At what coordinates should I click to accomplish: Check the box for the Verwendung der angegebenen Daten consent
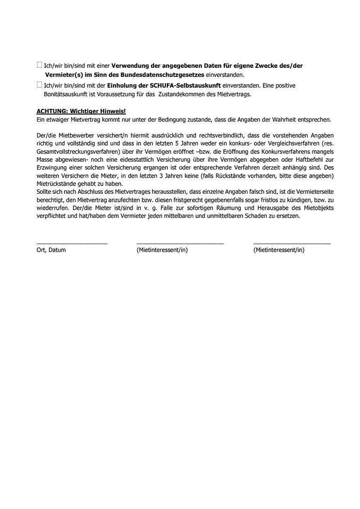tap(39, 66)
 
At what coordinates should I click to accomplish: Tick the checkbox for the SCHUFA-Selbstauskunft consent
tap(39, 85)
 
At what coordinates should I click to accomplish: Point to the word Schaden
tap(265, 216)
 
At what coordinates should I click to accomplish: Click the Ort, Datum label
tap(51, 250)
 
